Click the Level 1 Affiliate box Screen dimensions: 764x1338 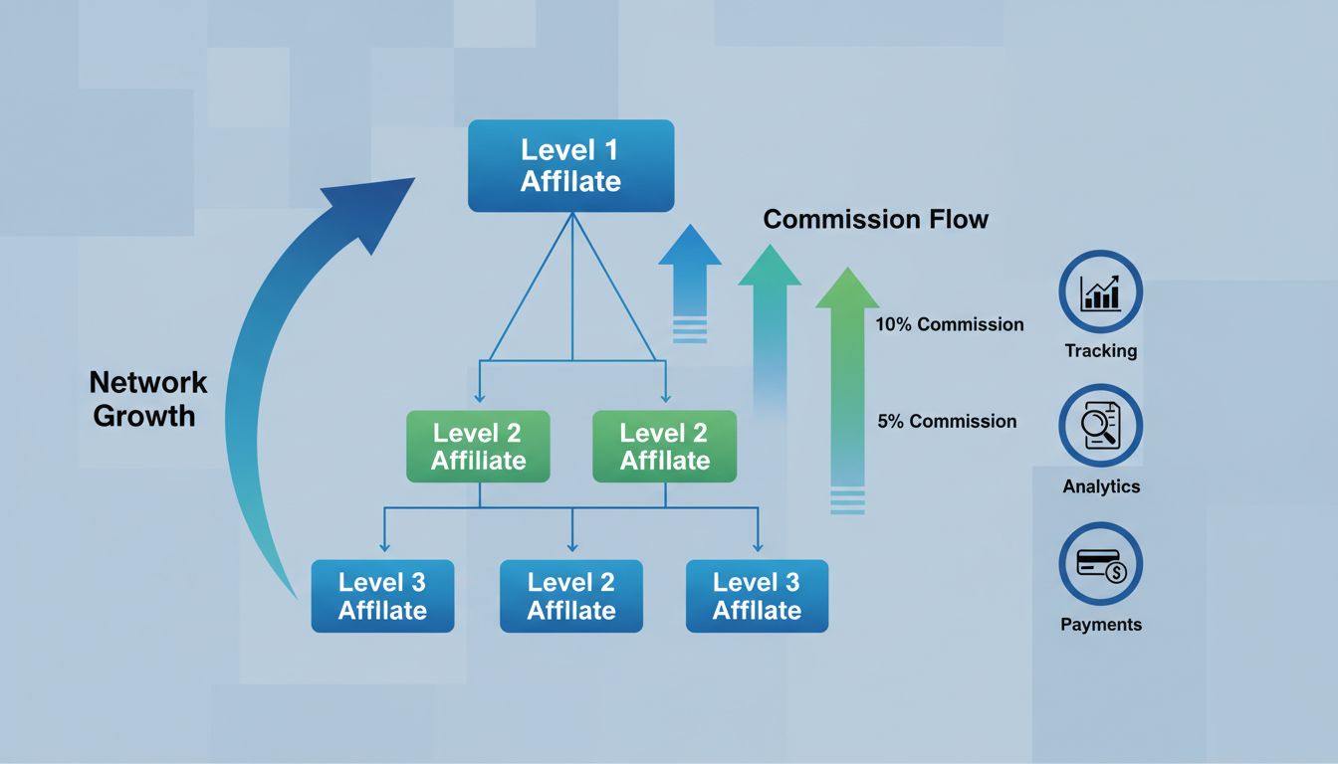pyautogui.click(x=570, y=166)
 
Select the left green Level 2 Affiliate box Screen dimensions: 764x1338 pyautogui.click(x=479, y=447)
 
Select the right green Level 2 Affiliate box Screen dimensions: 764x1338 pyautogui.click(x=664, y=447)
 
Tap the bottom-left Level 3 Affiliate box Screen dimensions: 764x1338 pyautogui.click(x=382, y=596)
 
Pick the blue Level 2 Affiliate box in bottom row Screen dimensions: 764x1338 pyautogui.click(x=570, y=596)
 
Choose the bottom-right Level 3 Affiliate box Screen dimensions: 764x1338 pyautogui.click(x=757, y=596)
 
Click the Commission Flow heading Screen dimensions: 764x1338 pyautogui.click(x=875, y=219)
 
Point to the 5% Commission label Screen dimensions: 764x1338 pyautogui.click(x=947, y=421)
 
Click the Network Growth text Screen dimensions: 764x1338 pyautogui.click(x=147, y=398)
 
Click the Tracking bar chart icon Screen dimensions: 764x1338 pyautogui.click(x=1100, y=291)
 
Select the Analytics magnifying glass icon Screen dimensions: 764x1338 pyautogui.click(x=1100, y=426)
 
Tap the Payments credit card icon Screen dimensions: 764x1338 pyautogui.click(x=1100, y=565)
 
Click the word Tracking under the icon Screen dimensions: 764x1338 pyautogui.click(x=1100, y=351)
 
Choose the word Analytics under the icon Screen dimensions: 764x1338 pyautogui.click(x=1100, y=487)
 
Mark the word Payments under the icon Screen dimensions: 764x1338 pyautogui.click(x=1100, y=625)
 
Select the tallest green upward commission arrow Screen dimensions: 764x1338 pyautogui.click(x=847, y=378)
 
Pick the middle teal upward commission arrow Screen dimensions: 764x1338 pyautogui.click(x=769, y=318)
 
